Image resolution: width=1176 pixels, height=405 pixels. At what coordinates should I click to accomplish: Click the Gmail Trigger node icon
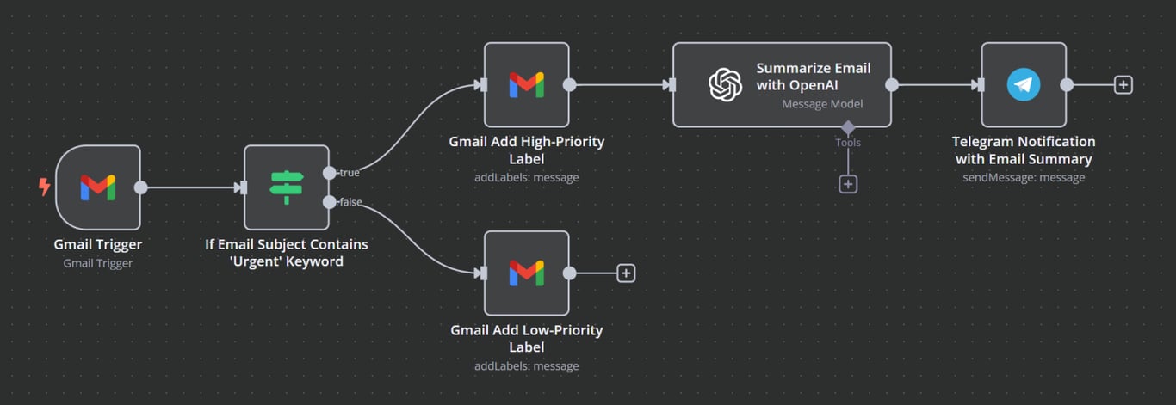point(97,187)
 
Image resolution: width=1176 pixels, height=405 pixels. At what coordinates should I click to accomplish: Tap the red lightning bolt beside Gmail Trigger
point(45,187)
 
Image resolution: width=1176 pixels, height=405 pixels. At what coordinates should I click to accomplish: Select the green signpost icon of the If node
point(286,187)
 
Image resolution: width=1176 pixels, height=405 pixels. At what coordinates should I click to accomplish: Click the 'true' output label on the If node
point(349,173)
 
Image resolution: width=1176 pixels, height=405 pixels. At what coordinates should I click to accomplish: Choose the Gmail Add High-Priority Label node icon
point(526,84)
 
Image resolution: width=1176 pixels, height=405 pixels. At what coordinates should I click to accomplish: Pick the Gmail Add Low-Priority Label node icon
point(526,273)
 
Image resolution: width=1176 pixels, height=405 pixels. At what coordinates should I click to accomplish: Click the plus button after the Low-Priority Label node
point(626,273)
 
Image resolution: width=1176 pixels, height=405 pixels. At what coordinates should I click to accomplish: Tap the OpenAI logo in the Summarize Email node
point(725,84)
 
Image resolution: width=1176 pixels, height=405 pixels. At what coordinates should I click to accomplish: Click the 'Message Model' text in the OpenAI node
point(822,104)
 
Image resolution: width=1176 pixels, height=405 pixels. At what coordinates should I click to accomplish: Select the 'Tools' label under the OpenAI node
point(847,143)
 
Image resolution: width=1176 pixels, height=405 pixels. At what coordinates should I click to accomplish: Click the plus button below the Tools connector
point(848,184)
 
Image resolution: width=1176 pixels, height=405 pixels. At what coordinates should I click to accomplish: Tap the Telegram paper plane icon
point(1024,84)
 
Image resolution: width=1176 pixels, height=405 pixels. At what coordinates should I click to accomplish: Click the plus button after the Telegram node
point(1123,84)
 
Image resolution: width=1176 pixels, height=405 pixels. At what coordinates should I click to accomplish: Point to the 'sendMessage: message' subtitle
point(1024,177)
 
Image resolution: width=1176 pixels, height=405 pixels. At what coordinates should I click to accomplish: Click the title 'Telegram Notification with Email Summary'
point(1024,150)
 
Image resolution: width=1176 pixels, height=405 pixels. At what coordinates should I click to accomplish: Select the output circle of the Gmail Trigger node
point(141,187)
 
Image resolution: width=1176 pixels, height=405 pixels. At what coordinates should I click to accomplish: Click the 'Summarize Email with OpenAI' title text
point(813,77)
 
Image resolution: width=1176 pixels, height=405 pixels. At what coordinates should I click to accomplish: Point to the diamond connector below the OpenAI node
point(848,127)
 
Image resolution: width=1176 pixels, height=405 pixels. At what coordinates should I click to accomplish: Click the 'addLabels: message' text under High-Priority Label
point(526,177)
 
